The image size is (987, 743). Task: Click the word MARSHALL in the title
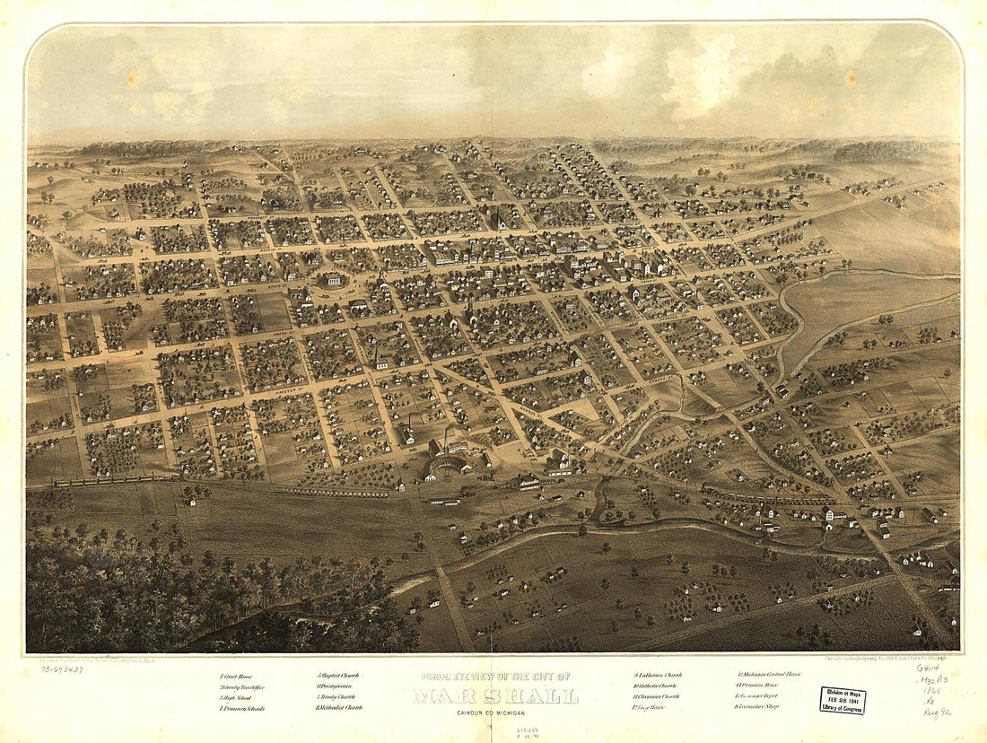[x=496, y=696]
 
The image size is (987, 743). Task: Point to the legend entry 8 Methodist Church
[x=339, y=708]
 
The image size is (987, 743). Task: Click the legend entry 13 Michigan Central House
[x=769, y=675]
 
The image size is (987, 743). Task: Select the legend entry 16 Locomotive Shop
[x=758, y=707]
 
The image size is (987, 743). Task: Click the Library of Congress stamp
[x=842, y=701]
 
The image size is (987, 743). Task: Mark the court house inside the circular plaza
[x=333, y=280]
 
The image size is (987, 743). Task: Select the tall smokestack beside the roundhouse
[x=447, y=440]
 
